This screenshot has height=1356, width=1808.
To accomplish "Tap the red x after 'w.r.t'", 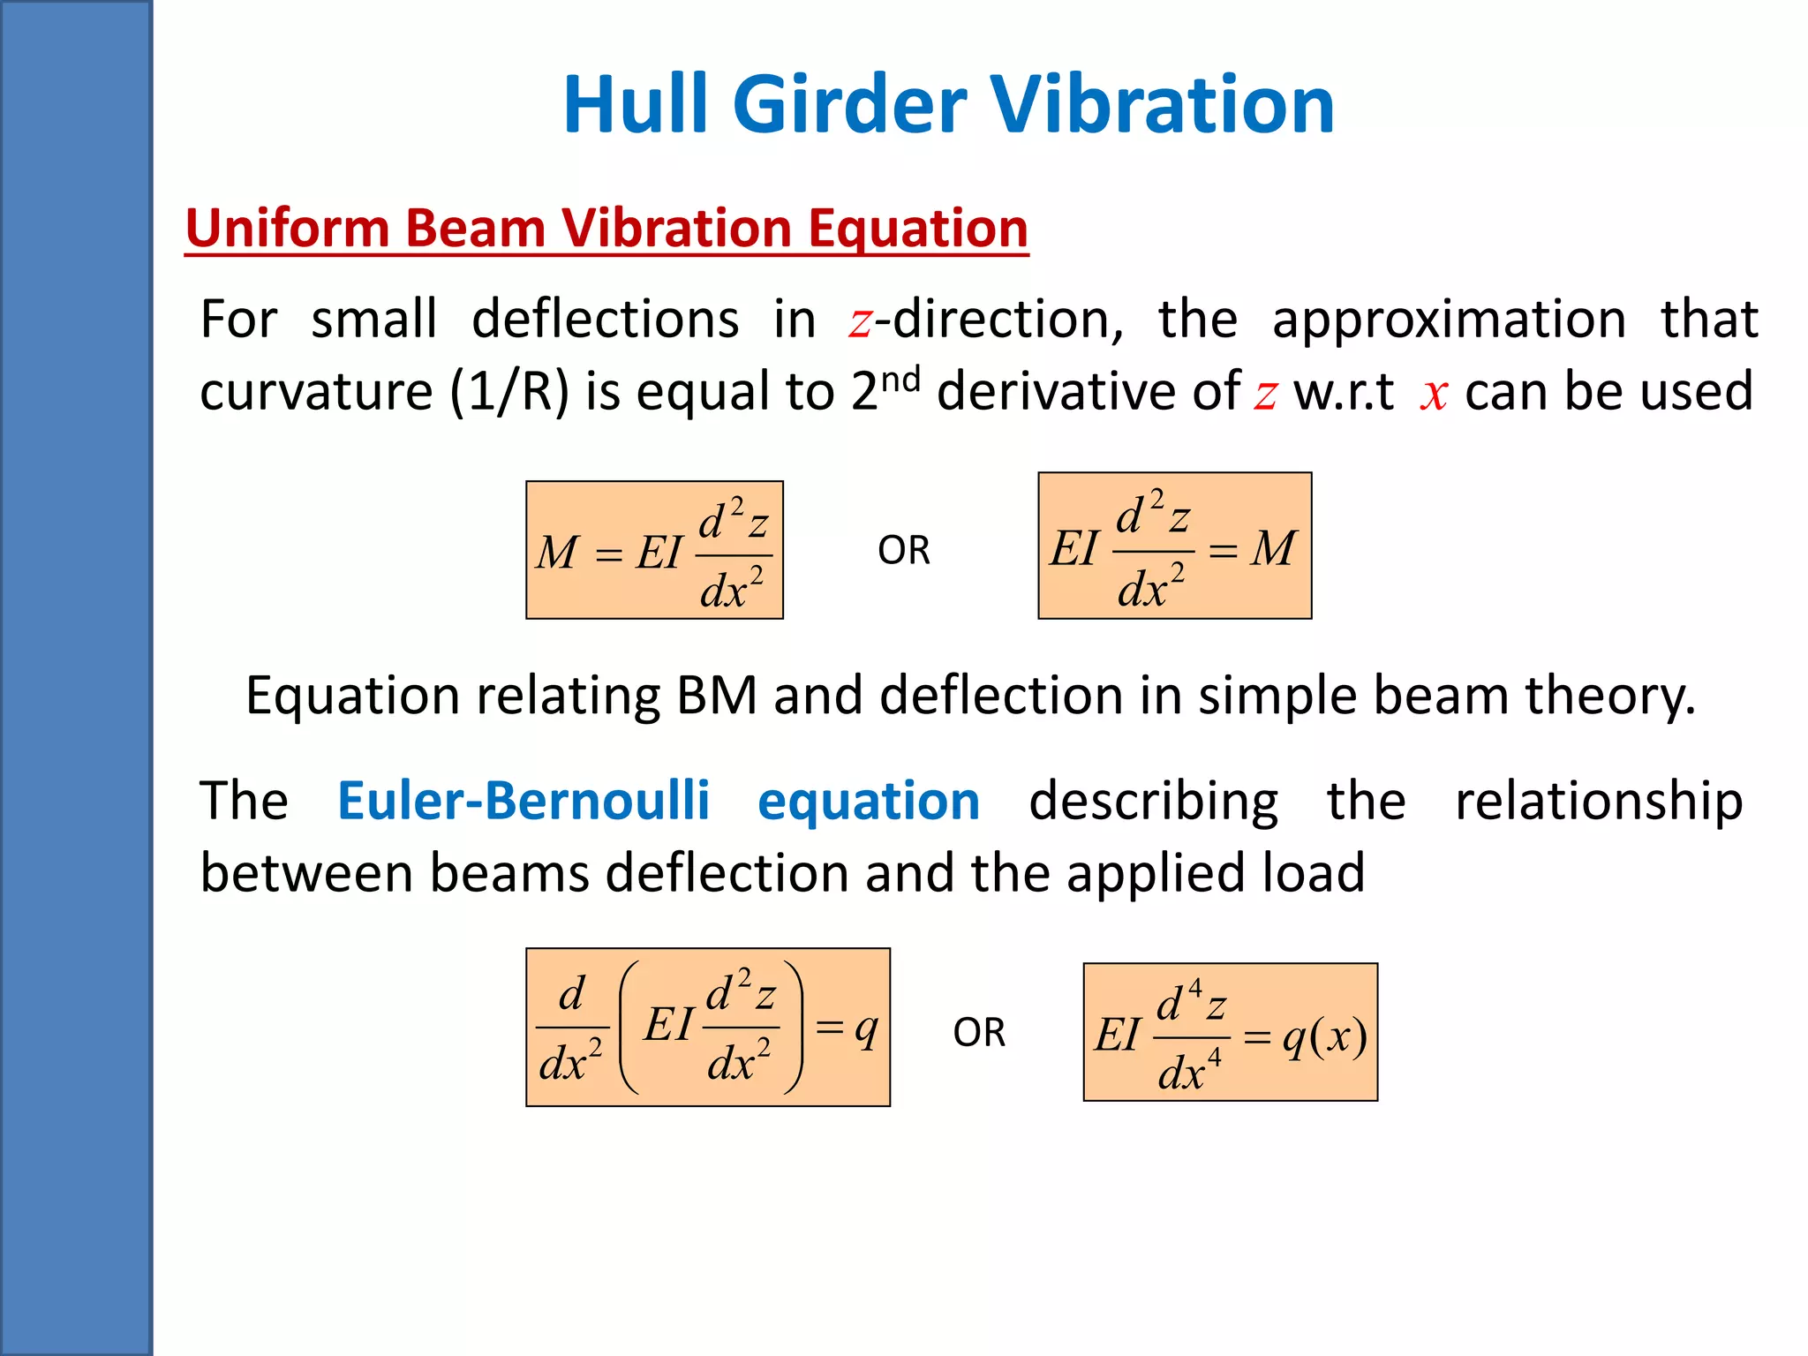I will pos(1434,394).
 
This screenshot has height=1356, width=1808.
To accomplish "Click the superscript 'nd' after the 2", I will pos(900,380).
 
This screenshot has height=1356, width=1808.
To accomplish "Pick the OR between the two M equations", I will pos(904,551).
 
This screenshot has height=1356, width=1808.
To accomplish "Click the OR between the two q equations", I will pos(979,1033).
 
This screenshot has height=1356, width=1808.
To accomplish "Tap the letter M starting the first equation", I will pos(557,554).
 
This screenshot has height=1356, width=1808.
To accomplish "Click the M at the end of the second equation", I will pos(1273,549).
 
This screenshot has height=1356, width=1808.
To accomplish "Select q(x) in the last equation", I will pos(1325,1036).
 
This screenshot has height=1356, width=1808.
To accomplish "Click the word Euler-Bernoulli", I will pos(524,801).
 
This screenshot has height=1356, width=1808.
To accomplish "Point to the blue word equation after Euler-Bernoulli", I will pos(869,801).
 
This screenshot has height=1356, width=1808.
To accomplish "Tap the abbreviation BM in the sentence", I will pos(717,696).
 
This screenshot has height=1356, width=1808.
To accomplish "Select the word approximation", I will pos(1449,319).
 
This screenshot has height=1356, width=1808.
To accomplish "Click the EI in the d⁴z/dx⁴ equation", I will pos(1118,1035).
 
